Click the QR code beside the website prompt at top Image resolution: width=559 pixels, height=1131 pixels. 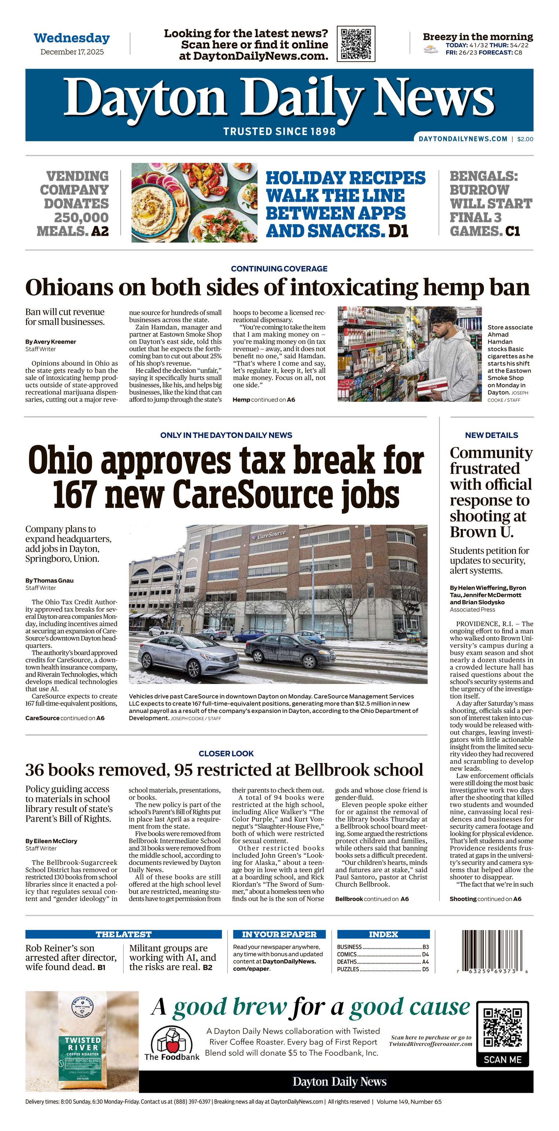[356, 44]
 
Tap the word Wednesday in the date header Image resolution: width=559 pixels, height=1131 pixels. [71, 38]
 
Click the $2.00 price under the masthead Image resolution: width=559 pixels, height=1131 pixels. [525, 139]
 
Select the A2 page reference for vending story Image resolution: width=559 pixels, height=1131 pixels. [100, 231]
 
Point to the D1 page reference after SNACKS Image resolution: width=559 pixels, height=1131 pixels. [398, 231]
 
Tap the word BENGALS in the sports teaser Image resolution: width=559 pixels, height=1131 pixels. [483, 176]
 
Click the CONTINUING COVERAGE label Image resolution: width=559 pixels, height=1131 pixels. [279, 269]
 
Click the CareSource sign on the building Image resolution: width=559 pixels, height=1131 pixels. [271, 535]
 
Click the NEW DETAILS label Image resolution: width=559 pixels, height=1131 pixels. [491, 435]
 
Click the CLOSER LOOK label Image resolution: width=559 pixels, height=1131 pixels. [226, 753]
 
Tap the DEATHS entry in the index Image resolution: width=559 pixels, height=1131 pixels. [347, 962]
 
